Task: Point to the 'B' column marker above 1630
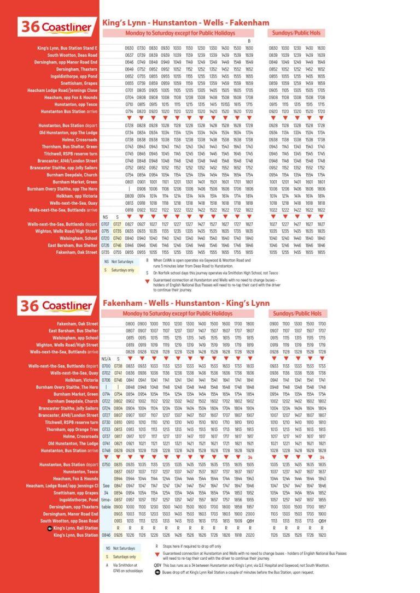coord(249,41)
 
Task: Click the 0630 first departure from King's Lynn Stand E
coord(129,48)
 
